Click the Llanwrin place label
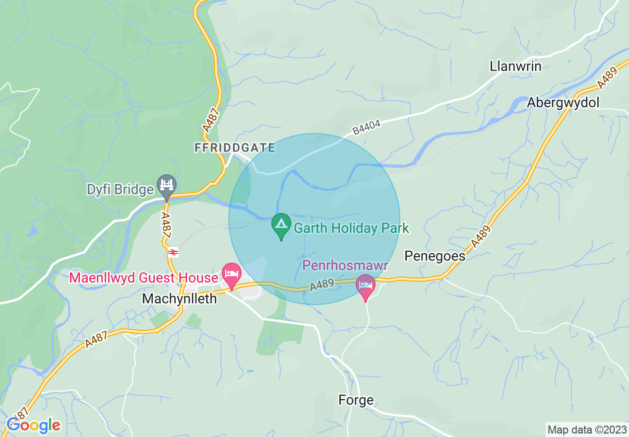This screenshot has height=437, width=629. (x=515, y=66)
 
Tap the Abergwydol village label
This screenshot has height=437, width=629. (x=563, y=102)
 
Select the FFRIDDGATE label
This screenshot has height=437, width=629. (x=234, y=148)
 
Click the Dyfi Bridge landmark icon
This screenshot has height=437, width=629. (x=167, y=185)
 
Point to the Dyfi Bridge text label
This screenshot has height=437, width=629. (x=120, y=190)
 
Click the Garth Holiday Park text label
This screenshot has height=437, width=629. (x=351, y=228)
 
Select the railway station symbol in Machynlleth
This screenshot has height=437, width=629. (x=173, y=252)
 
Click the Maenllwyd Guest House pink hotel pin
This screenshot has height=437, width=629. (x=231, y=274)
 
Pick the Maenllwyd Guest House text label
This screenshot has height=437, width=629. (x=144, y=278)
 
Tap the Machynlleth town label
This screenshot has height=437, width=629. (x=180, y=298)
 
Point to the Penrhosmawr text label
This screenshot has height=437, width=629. (x=345, y=266)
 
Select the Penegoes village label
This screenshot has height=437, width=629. (x=435, y=256)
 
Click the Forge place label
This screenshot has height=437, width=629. (x=356, y=400)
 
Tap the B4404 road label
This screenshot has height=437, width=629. (x=367, y=127)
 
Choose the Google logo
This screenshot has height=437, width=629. (x=34, y=425)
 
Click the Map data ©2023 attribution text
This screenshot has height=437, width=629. (x=586, y=429)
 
